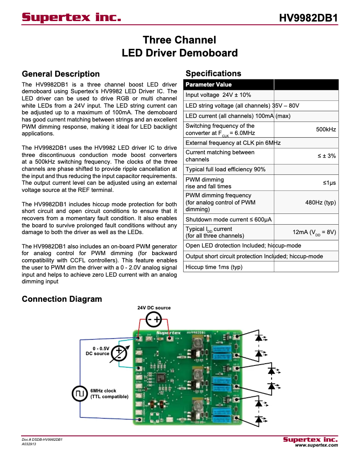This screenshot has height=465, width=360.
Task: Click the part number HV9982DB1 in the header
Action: pos(308,18)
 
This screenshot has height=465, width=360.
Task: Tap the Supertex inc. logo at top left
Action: pos(72,17)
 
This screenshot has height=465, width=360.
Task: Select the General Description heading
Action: pos(61,74)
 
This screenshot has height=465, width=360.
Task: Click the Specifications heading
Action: pos(213,74)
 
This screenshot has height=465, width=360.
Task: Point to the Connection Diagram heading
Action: pos(62,299)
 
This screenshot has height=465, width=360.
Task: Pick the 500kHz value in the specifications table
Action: pos(326,129)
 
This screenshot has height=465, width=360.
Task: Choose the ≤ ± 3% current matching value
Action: pos(327,156)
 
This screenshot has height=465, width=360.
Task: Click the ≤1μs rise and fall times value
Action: pos(329,183)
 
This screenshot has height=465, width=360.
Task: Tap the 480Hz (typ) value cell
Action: pos(320,202)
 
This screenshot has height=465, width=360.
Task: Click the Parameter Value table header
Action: pos(209,85)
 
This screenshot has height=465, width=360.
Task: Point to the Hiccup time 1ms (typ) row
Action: pos(214,267)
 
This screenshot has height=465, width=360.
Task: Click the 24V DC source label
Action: pos(154,308)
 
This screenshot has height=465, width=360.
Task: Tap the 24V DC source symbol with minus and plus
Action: pos(154,319)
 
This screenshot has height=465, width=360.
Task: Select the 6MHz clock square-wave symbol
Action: pos(79,394)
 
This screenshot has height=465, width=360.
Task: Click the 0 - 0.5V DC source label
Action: pos(98,351)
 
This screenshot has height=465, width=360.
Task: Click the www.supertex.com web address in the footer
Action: pos(316,445)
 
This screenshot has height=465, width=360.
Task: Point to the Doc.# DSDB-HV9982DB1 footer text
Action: pos(42,440)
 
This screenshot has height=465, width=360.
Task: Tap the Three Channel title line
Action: pos(180,40)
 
